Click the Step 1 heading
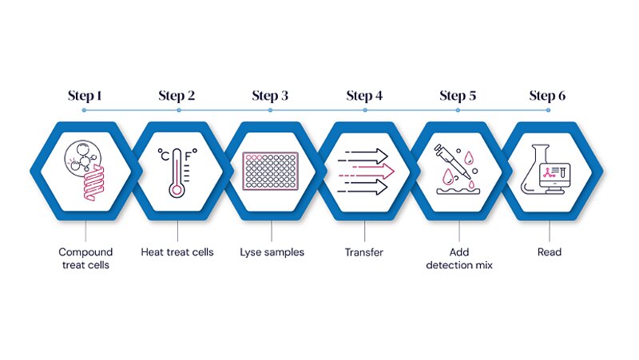point(84,96)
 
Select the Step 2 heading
point(177,96)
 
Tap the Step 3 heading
point(271,96)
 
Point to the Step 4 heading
point(364,96)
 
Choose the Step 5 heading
point(458,96)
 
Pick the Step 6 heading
point(547,96)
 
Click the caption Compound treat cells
point(84,259)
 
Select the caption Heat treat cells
point(177,252)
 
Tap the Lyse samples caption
point(272,252)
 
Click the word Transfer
point(364,252)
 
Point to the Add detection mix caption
point(458,259)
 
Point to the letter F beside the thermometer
point(190,156)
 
